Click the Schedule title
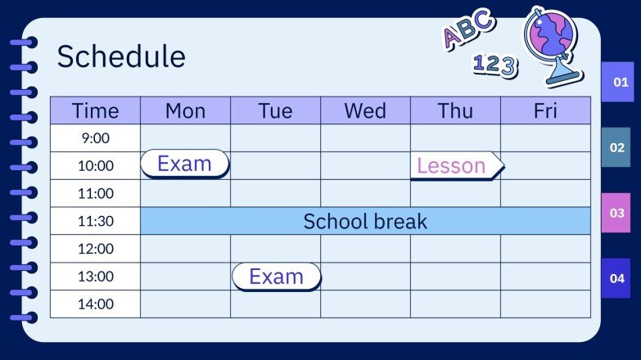(121, 56)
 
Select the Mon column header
(185, 110)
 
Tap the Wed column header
(365, 110)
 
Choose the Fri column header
(545, 110)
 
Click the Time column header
(95, 110)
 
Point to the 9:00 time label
(95, 138)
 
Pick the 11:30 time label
(95, 221)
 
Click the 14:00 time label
(95, 304)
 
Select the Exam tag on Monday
(185, 164)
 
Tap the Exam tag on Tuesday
(277, 277)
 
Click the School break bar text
(365, 221)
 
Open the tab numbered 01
(620, 82)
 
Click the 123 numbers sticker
(495, 65)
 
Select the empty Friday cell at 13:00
(545, 277)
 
